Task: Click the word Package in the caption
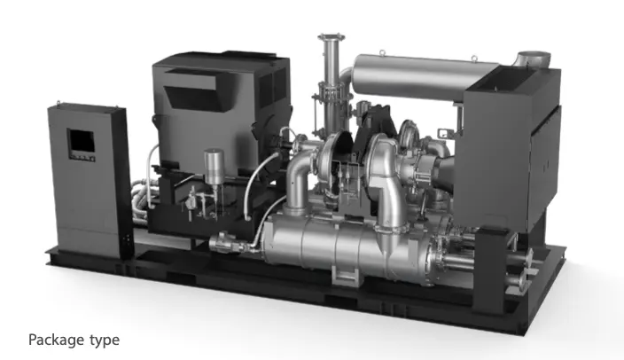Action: (57, 340)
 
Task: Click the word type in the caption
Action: (105, 340)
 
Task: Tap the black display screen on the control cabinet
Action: (82, 142)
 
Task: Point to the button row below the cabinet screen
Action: (82, 157)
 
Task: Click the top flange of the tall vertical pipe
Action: (331, 37)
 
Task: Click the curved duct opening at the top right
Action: (533, 60)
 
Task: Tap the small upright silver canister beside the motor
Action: (214, 167)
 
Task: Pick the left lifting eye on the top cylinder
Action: (382, 52)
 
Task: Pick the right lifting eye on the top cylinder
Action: (474, 59)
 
